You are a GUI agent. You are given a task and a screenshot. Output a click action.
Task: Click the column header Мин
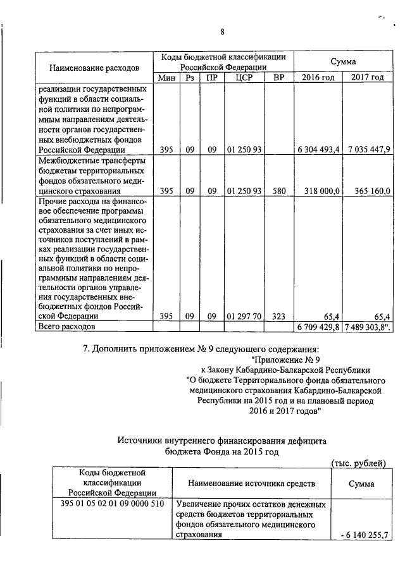166,78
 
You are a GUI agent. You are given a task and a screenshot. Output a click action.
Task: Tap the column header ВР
278,78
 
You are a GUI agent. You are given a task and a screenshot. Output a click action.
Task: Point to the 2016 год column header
318,78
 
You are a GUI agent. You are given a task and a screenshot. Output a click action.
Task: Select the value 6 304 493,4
320,150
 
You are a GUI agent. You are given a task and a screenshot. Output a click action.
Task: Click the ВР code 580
278,190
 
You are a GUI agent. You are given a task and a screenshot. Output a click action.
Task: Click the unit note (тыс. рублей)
359,463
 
